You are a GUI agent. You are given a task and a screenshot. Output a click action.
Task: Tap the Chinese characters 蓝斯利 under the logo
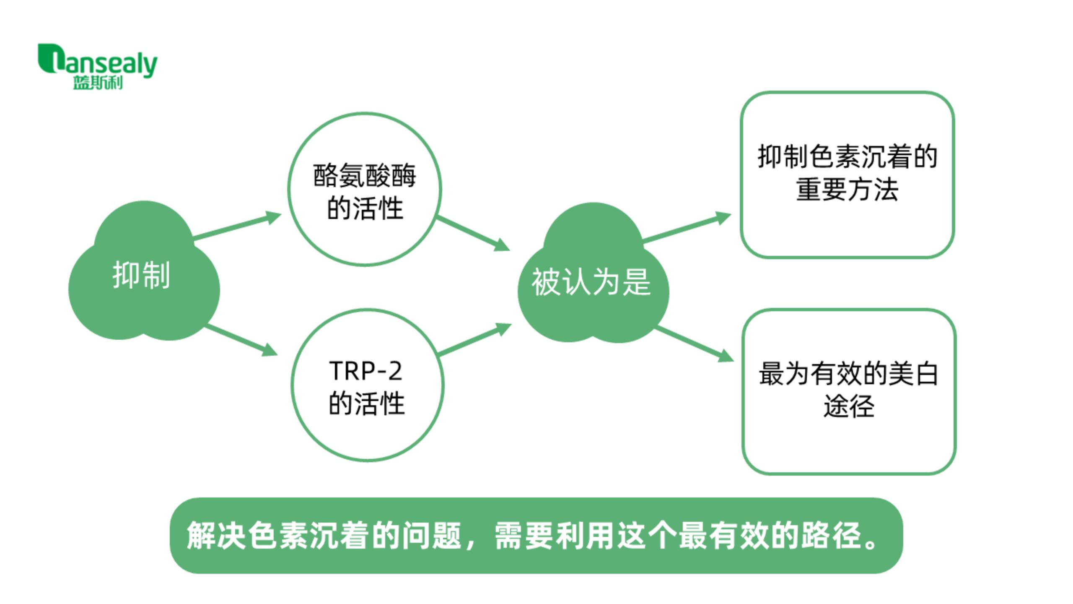pyautogui.click(x=98, y=83)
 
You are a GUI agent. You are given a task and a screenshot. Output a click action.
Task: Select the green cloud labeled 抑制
pyautogui.click(x=144, y=271)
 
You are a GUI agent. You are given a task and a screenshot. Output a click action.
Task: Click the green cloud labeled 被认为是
pyautogui.click(x=593, y=273)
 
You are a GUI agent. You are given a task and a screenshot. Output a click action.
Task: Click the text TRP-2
pyautogui.click(x=366, y=371)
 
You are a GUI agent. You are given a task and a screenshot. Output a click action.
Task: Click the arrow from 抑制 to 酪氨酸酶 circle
pyautogui.click(x=237, y=227)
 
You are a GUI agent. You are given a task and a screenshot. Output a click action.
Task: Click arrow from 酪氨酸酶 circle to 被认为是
pyautogui.click(x=473, y=233)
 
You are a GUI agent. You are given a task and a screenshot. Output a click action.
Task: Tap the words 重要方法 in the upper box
pyautogui.click(x=847, y=190)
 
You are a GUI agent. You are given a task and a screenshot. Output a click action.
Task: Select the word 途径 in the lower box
pyautogui.click(x=849, y=406)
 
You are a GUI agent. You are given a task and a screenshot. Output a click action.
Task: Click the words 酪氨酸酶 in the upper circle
pyautogui.click(x=365, y=175)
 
